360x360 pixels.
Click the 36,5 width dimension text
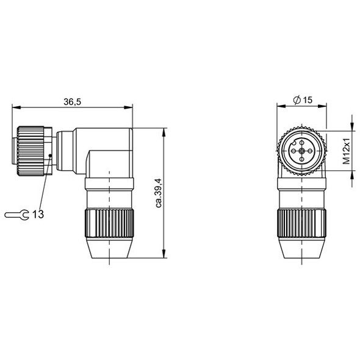tap(72, 102)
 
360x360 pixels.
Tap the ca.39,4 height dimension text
tap(159, 192)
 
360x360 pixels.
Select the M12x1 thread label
tap(345, 152)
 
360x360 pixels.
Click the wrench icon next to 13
tap(16, 214)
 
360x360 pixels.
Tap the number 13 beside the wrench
tap(37, 214)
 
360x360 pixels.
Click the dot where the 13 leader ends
tap(50, 156)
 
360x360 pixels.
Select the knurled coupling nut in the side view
tap(29, 151)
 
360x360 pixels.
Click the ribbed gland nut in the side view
tap(109, 221)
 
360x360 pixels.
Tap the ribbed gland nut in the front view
tap(301, 221)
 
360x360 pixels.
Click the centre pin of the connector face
tap(301, 151)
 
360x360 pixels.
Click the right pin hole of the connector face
tap(310, 151)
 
